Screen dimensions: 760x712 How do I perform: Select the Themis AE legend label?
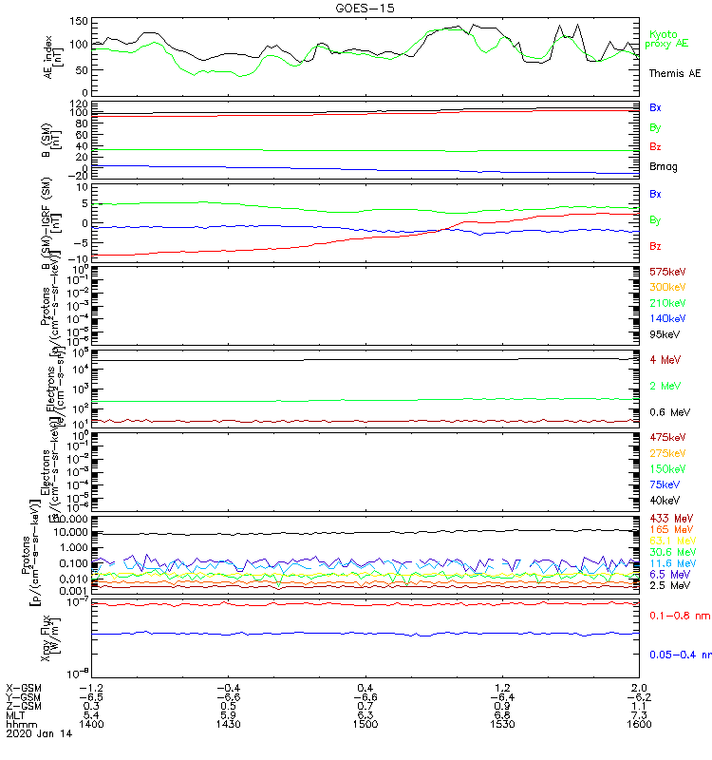click(x=675, y=73)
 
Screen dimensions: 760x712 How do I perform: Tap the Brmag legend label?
click(x=664, y=167)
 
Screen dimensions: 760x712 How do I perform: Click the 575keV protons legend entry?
click(x=666, y=272)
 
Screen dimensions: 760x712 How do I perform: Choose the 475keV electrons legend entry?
click(x=666, y=438)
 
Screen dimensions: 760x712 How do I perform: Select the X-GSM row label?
click(x=23, y=687)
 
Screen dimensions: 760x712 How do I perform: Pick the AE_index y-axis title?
click(x=53, y=55)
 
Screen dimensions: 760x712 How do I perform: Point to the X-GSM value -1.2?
click(x=90, y=687)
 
